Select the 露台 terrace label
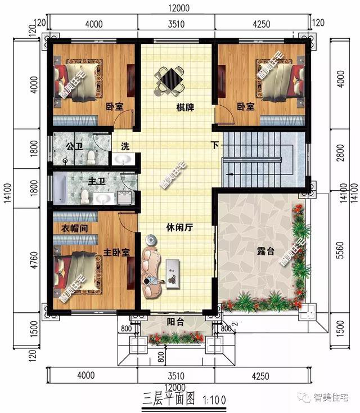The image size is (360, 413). tap(264, 252)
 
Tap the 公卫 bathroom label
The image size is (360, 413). tap(74, 147)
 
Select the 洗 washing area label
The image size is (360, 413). tap(125, 146)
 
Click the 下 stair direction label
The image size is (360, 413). tap(215, 145)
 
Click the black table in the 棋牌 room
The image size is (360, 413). tap(170, 80)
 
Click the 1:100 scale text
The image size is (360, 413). tap(211, 400)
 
